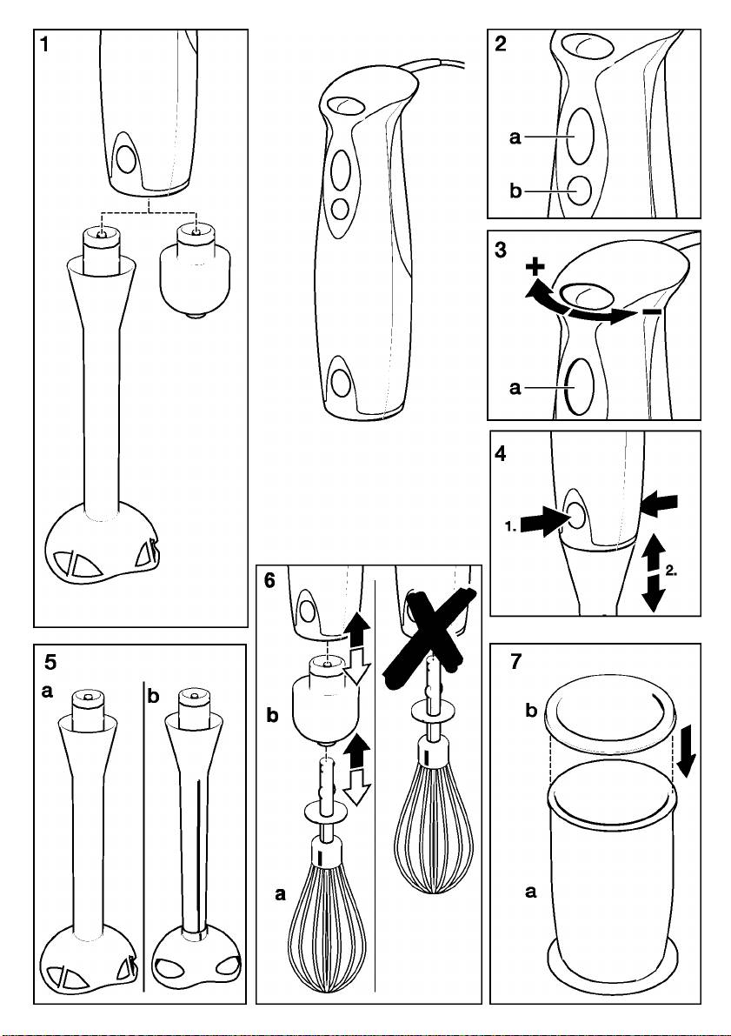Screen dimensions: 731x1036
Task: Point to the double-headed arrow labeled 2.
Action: tap(654, 575)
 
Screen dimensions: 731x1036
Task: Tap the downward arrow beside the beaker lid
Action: tap(687, 753)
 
